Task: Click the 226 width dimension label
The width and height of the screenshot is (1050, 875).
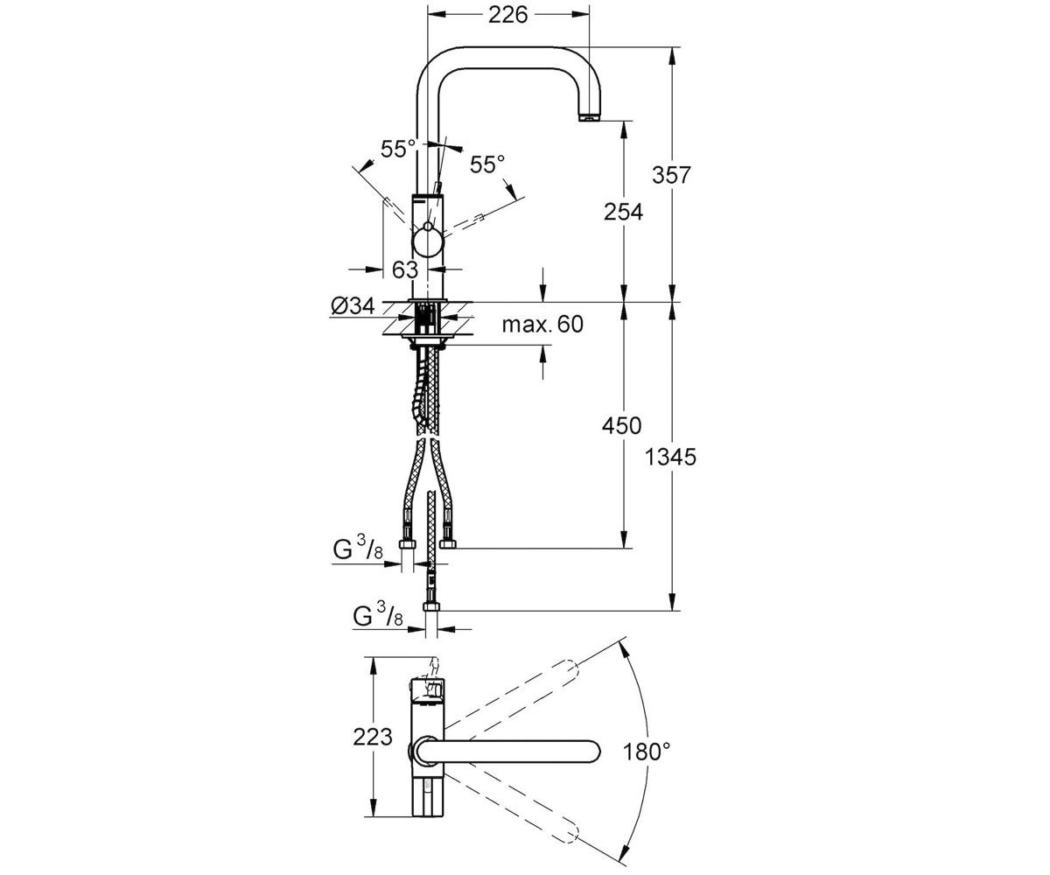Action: pyautogui.click(x=508, y=16)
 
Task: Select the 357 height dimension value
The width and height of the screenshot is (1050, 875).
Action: pyautogui.click(x=672, y=175)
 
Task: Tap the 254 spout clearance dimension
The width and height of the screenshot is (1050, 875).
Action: pyautogui.click(x=623, y=213)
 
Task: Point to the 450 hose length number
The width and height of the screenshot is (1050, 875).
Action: pyautogui.click(x=622, y=425)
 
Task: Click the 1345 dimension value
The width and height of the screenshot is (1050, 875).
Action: pyautogui.click(x=670, y=458)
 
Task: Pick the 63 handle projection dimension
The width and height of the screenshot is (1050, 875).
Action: pyautogui.click(x=405, y=270)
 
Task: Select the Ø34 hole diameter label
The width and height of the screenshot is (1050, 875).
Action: pyautogui.click(x=353, y=305)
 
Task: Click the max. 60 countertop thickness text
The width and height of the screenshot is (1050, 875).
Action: pyautogui.click(x=542, y=325)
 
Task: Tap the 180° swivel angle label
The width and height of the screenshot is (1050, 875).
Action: pyautogui.click(x=647, y=752)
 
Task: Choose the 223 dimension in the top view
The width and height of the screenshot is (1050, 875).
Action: pyautogui.click(x=373, y=738)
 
